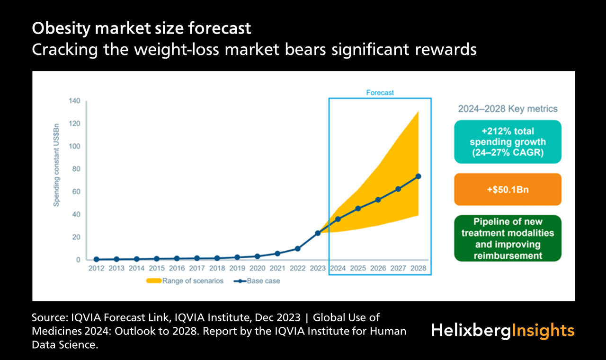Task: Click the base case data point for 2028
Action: tap(418, 176)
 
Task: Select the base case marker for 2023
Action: tap(318, 233)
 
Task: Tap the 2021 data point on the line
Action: tap(277, 254)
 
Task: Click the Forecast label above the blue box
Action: tap(380, 93)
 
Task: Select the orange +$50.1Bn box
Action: tap(508, 189)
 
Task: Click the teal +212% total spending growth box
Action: tap(508, 142)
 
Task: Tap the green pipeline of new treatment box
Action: tap(508, 238)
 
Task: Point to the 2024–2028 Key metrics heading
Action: tap(508, 109)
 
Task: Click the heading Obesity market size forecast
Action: tap(141, 29)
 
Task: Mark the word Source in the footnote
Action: tap(49, 317)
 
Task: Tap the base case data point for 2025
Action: tap(358, 209)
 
